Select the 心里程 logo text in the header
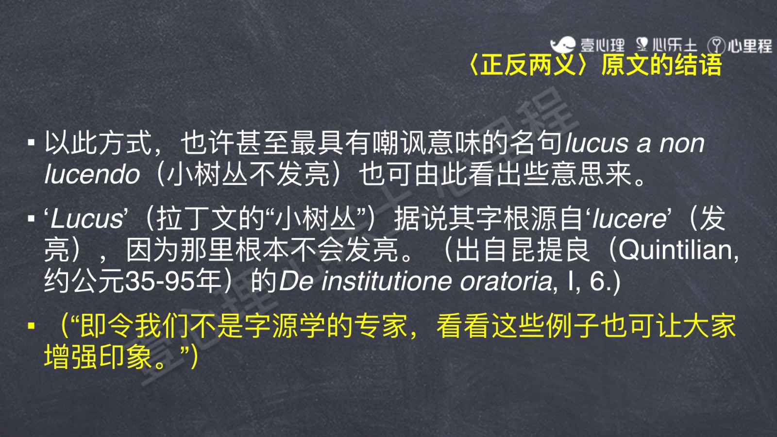pos(750,46)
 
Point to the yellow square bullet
pos(32,326)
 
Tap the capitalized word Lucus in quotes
pos(86,219)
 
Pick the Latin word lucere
pos(629,219)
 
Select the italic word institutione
pos(387,281)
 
